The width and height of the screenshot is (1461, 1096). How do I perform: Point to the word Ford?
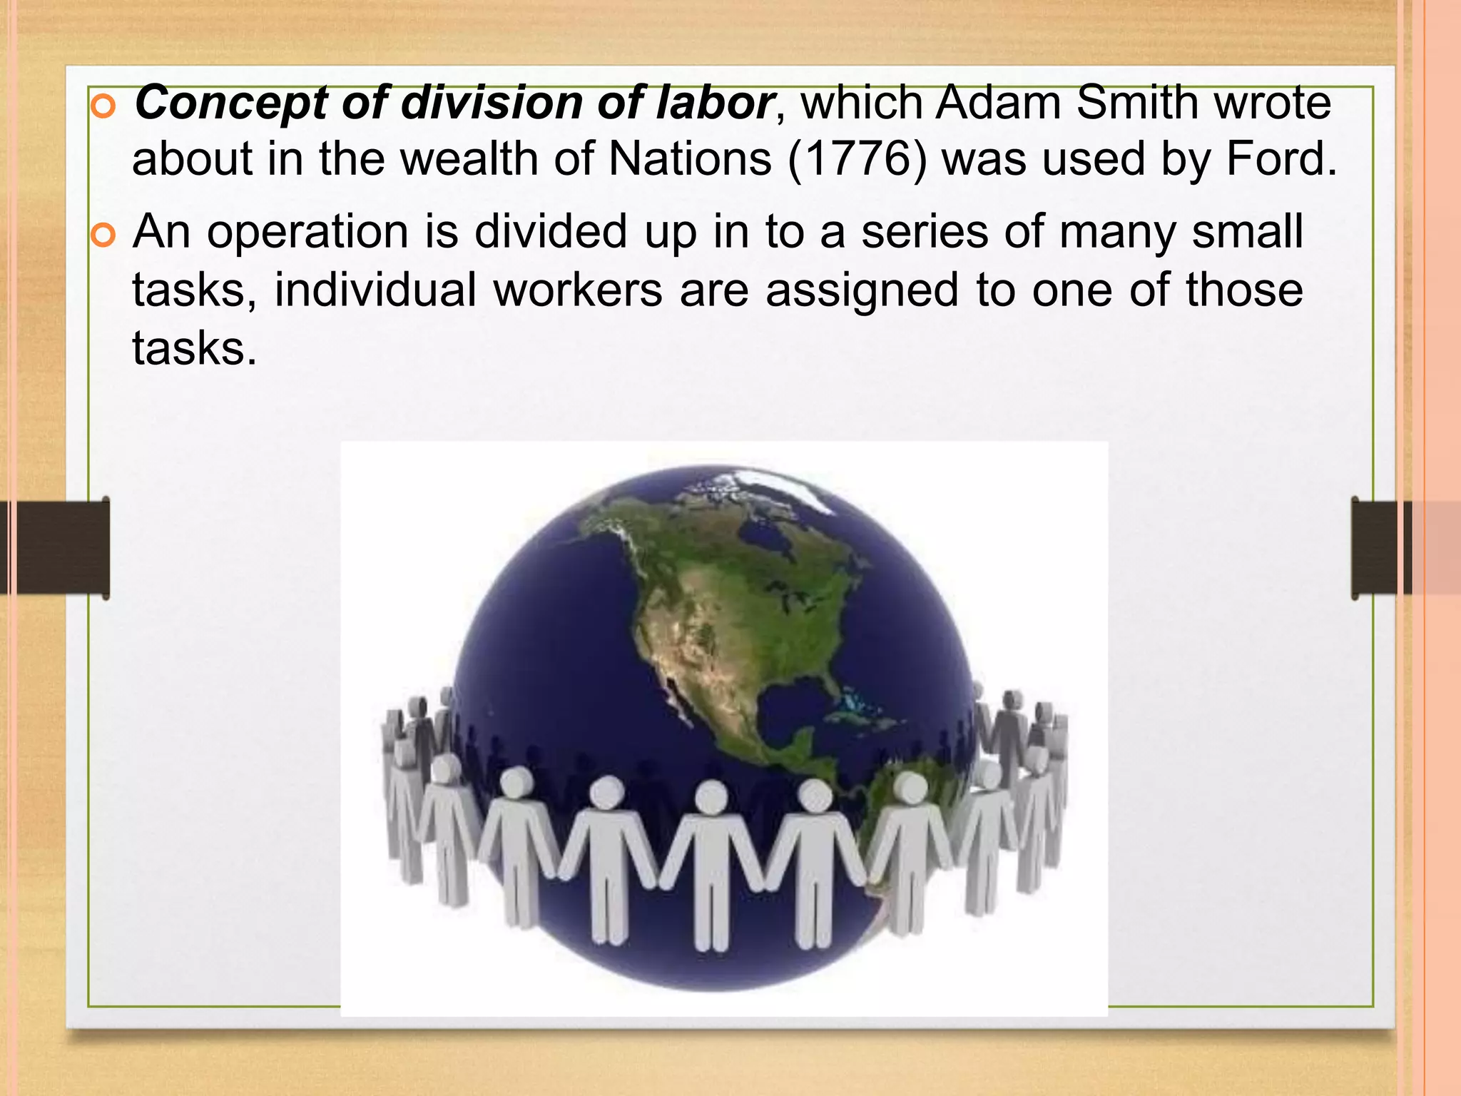(1281, 158)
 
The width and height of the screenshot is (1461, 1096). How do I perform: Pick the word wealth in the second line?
(468, 158)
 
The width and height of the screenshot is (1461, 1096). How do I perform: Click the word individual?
(375, 290)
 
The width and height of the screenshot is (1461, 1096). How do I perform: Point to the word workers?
(578, 290)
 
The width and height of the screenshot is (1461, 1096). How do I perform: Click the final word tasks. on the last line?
(194, 349)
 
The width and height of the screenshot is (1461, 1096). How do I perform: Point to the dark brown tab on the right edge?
(1377, 548)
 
